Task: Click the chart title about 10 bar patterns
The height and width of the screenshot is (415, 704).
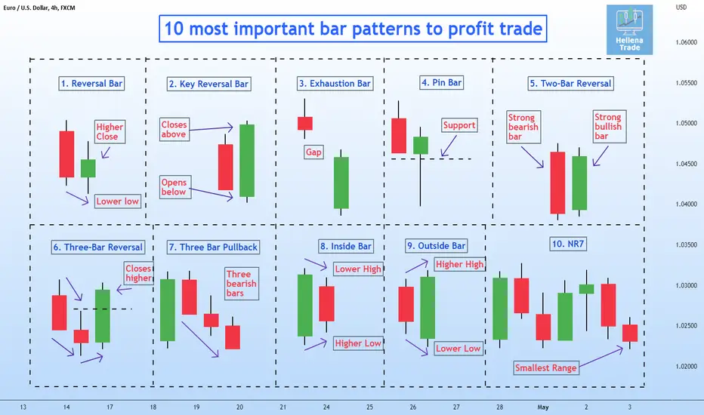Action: point(353,29)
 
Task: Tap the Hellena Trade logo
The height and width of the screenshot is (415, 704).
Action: point(629,29)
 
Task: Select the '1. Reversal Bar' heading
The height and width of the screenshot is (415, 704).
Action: point(91,84)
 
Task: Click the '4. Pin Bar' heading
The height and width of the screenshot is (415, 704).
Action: point(442,82)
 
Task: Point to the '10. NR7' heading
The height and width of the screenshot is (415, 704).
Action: point(568,244)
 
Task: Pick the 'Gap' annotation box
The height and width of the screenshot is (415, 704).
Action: point(313,152)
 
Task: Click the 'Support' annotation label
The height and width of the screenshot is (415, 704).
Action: point(459,125)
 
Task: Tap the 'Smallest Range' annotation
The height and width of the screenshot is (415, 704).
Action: point(545,368)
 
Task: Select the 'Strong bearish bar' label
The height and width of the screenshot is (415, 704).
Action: point(523,127)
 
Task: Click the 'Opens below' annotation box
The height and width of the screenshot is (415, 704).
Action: point(175,187)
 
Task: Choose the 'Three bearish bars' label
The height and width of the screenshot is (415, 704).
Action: point(242,284)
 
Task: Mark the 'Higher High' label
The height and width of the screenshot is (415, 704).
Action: point(459,264)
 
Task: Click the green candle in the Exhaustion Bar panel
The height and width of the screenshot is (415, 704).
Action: point(341,183)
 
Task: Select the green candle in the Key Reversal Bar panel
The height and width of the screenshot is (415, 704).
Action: point(247,161)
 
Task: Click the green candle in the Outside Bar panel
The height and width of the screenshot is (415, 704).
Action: point(428,307)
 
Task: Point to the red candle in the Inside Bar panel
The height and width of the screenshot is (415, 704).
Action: point(326,304)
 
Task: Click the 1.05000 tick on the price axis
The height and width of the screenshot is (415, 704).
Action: point(686,124)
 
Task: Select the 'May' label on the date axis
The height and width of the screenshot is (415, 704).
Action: point(543,407)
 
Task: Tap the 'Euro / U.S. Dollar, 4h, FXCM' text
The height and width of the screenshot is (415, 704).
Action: point(39,8)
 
